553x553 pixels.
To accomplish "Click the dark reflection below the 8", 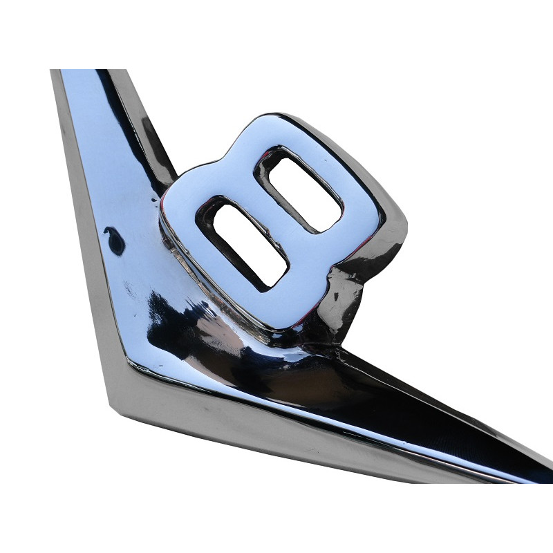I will (207, 332).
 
